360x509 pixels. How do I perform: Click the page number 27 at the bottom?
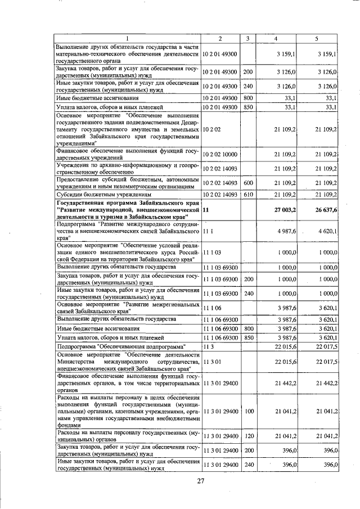point(201,480)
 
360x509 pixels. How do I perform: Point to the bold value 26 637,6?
point(322,210)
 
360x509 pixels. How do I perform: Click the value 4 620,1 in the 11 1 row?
point(325,231)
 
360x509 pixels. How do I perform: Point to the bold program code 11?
point(205,210)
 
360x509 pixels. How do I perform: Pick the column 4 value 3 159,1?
point(287,53)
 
